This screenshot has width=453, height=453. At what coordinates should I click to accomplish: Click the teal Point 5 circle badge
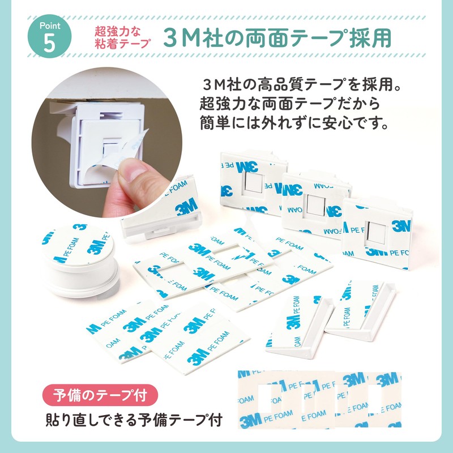[49, 36]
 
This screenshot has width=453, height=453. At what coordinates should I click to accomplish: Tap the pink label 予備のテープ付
[100, 395]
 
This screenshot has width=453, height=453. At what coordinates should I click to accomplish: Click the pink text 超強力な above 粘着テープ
[117, 31]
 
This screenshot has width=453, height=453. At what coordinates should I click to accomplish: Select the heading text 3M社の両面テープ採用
[277, 37]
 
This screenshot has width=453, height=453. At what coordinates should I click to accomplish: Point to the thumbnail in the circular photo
[131, 172]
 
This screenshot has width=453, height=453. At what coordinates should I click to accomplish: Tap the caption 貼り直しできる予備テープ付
[134, 420]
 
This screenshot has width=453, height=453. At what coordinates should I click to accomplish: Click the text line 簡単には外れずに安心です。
[293, 123]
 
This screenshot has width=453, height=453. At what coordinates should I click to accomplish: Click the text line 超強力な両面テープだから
[290, 104]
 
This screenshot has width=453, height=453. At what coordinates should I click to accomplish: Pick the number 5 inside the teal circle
[49, 44]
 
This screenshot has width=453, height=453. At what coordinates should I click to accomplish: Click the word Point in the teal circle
[50, 26]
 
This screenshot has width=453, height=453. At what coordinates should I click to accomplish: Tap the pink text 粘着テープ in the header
[122, 44]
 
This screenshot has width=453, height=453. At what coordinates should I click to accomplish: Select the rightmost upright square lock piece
[377, 233]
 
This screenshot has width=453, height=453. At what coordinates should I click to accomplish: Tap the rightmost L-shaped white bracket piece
[360, 311]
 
